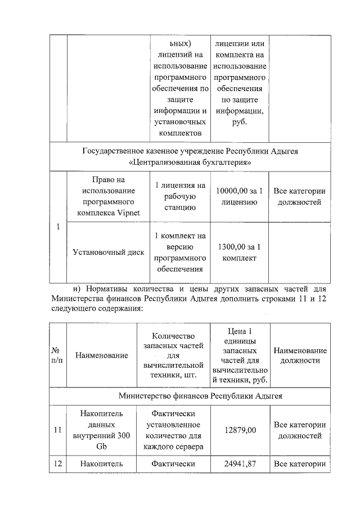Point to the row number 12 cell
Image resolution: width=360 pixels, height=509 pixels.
pos(57,464)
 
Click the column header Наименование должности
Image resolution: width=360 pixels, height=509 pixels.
pos(299,355)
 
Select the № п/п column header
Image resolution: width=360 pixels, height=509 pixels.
pos(57,355)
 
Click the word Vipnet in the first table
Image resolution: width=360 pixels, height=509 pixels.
pos(133,212)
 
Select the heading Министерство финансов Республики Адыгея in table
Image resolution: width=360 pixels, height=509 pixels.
pos(200,396)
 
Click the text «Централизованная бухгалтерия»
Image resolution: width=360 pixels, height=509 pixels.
pos(190,163)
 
